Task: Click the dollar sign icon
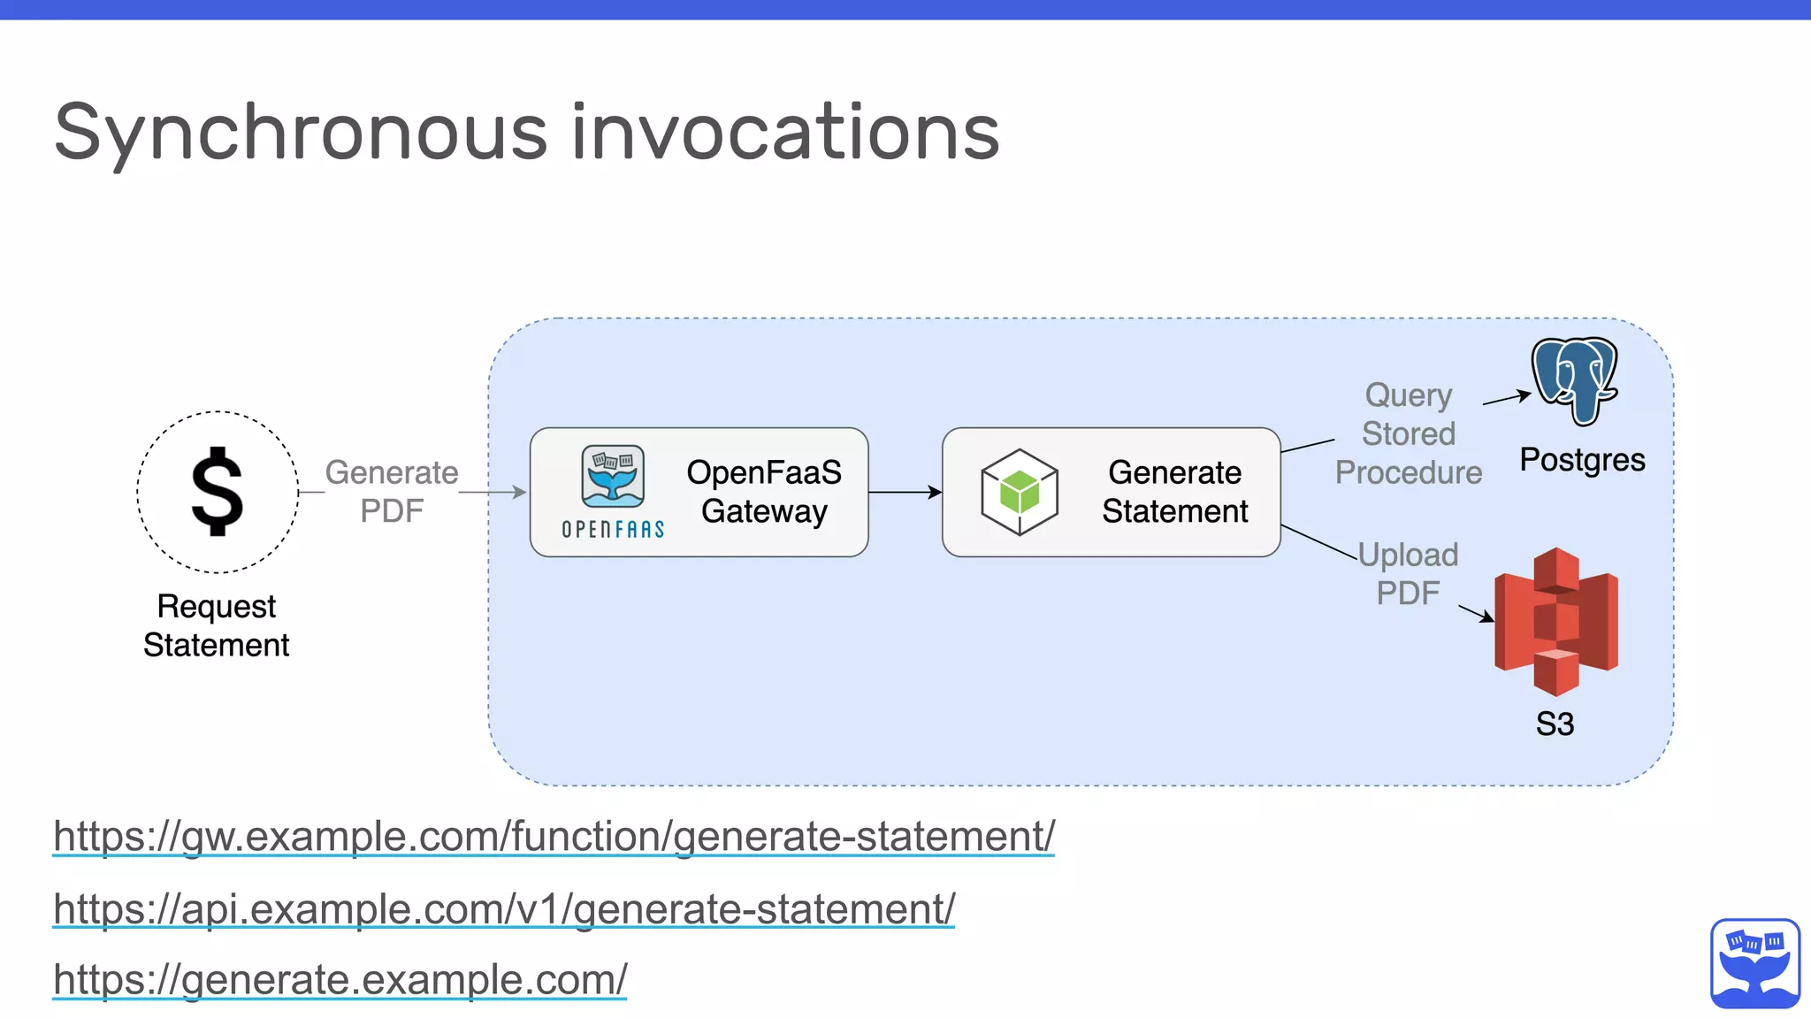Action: [x=218, y=492]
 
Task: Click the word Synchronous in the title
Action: [x=301, y=133]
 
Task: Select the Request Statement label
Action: [x=217, y=625]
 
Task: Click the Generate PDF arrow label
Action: [x=392, y=492]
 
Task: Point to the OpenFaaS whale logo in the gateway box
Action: [x=613, y=478]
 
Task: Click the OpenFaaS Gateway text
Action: [x=764, y=492]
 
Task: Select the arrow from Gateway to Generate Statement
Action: [x=905, y=492]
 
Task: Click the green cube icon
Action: [x=1020, y=492]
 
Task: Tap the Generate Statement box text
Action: [x=1174, y=492]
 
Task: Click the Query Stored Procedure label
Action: [x=1408, y=433]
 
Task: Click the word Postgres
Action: [x=1582, y=460]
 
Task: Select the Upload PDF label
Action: [x=1408, y=573]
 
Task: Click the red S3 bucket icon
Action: [x=1556, y=621]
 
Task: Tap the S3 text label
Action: [x=1555, y=724]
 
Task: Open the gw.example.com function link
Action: [x=554, y=836]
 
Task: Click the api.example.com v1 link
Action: [x=504, y=908]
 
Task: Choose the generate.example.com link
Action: [x=340, y=979]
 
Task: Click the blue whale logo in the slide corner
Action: [x=1755, y=963]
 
